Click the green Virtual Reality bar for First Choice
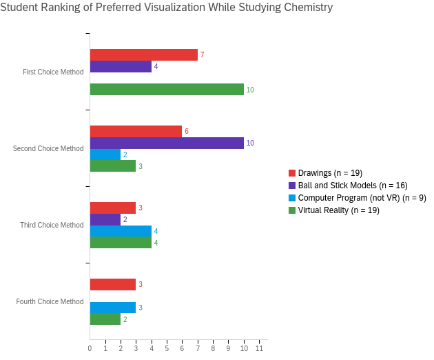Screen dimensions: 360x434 [167, 90]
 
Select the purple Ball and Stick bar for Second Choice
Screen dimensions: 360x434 [167, 143]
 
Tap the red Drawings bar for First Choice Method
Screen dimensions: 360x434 [143, 55]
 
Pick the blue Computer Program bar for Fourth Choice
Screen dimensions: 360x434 [113, 308]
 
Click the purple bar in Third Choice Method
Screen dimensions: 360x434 [105, 219]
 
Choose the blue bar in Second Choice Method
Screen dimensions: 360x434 [105, 154]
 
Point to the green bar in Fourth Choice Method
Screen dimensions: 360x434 [105, 319]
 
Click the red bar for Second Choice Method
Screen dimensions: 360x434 [136, 131]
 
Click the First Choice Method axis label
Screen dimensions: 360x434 [53, 72]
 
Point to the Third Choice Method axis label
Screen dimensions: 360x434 [52, 225]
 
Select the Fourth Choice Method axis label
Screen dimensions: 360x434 [50, 301]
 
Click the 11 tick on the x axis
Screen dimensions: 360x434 [259, 348]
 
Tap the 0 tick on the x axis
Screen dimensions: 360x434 [90, 348]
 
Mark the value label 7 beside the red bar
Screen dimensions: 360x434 [202, 55]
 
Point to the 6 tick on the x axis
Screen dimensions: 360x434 [182, 348]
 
